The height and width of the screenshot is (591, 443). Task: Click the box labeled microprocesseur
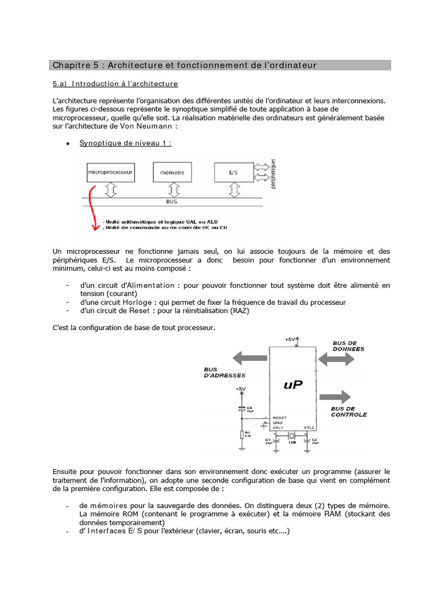110,172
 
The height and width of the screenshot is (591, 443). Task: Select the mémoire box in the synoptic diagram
171,172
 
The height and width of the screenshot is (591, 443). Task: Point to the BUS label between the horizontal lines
172,203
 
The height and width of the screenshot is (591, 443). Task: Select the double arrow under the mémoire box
171,189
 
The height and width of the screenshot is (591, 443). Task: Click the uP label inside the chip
293,384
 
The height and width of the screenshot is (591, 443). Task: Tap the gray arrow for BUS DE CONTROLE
335,398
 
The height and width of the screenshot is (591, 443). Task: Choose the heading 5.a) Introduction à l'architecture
115,84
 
